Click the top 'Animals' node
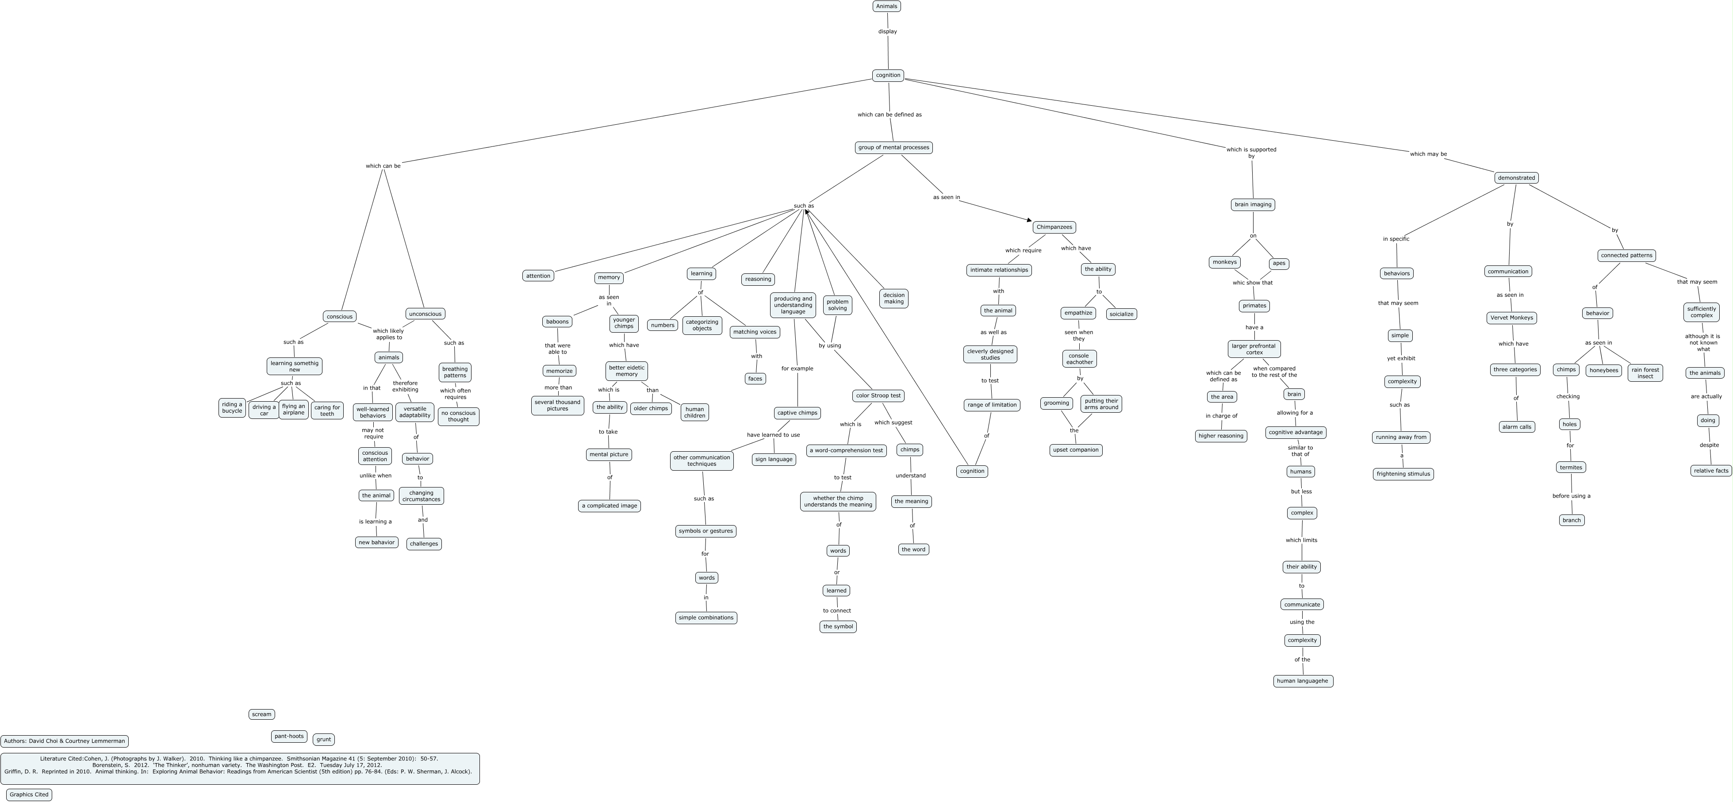pos(887,6)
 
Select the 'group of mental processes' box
pos(893,147)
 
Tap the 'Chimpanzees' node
pos(1054,227)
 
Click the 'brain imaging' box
pos(1253,204)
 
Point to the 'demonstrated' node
pos(1516,178)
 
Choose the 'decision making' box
pos(893,298)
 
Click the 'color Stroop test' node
pos(878,395)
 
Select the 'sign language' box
pos(774,460)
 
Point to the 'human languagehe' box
pos(1303,681)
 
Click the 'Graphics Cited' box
pos(29,794)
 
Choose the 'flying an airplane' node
pos(293,409)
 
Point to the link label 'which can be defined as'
pos(890,115)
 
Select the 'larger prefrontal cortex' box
pos(1254,349)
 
